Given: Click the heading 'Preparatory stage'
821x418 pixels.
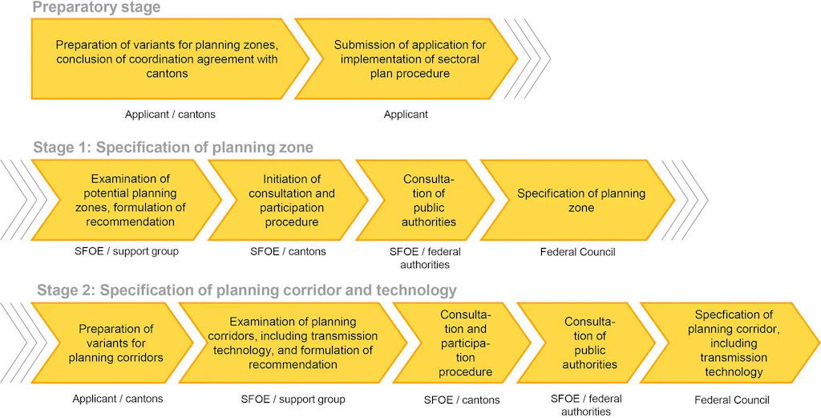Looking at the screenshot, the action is coord(96,7).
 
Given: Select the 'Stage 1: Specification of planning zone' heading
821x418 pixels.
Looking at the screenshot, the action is coord(173,148).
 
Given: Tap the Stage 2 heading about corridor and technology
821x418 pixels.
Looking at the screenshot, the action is coord(247,290).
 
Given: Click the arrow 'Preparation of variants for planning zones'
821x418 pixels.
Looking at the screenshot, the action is coord(168,59).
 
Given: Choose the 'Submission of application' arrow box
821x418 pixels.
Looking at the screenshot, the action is coord(406,59).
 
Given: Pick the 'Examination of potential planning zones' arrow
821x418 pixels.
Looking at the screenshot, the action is coord(126,200).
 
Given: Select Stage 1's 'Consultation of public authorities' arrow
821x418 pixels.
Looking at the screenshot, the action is coord(425,200).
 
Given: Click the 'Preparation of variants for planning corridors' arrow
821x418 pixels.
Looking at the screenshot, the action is coord(111,343).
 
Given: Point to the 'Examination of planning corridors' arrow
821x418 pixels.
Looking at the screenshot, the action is coord(293,343).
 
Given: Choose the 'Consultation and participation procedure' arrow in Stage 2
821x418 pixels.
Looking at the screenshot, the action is coord(462,343).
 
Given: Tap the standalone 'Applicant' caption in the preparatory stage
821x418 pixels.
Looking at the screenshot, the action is coord(406,114).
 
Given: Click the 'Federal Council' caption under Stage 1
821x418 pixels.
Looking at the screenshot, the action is coord(577,252).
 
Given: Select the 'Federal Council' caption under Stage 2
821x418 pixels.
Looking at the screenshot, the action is coord(732,400).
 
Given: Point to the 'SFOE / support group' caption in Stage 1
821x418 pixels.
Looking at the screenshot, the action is coord(126,251).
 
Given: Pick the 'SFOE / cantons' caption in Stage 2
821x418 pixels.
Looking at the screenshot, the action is coord(462,400).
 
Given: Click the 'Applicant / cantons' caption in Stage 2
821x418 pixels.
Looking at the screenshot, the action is coord(118,399).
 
